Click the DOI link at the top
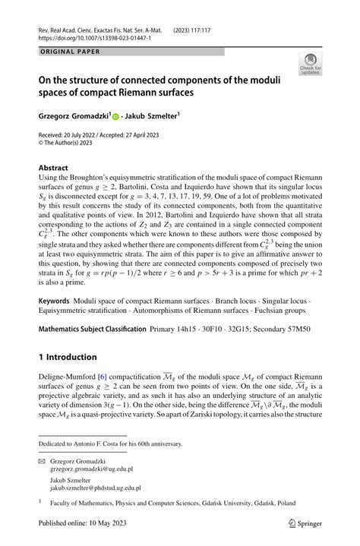[x=96, y=36]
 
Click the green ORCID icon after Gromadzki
[x=116, y=118]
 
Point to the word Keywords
[x=58, y=324]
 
